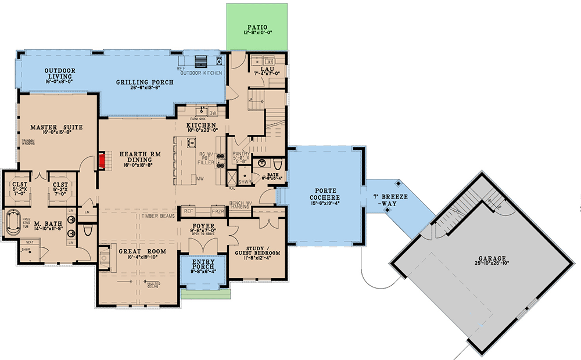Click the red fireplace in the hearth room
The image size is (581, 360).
click(102, 161)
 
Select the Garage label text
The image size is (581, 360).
click(489, 258)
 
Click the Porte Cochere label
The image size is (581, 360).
click(322, 192)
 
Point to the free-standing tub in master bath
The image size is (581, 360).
click(12, 224)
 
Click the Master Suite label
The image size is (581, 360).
click(56, 127)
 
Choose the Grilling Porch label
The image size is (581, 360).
click(144, 82)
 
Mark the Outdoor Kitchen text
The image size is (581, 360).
click(200, 73)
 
